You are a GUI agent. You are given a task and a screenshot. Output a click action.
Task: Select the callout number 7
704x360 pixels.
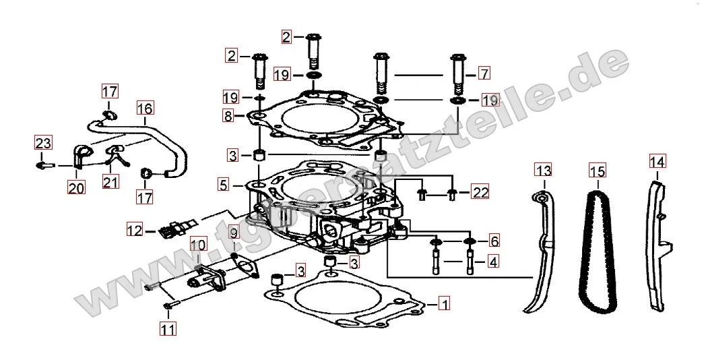coord(483,73)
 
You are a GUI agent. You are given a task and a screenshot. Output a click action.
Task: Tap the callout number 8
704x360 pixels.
coord(229,116)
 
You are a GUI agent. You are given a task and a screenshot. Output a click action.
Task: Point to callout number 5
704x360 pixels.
coord(223,183)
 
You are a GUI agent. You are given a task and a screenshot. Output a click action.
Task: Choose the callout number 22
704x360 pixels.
coord(479,192)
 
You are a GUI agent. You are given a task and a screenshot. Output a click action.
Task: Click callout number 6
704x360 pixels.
coord(494,241)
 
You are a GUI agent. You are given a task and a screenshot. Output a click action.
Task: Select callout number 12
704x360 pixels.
coord(134,231)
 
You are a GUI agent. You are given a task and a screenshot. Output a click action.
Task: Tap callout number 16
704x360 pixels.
coord(145,107)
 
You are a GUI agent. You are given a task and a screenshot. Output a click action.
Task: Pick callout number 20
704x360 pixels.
coord(76,188)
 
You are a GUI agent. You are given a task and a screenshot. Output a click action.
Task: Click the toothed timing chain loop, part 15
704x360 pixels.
coord(597,249)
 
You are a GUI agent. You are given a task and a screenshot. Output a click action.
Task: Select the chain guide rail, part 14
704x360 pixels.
coord(657,249)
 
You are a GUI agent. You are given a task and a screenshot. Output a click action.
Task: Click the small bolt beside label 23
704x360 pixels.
coord(43,164)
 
